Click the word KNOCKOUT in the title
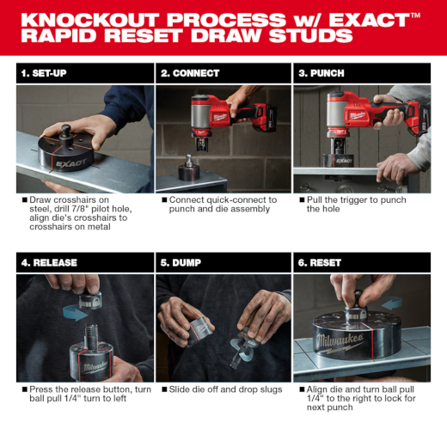[x=90, y=20]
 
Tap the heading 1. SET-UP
[x=44, y=73]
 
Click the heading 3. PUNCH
[x=321, y=73]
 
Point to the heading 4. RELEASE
[x=49, y=262]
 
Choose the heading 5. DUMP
[x=181, y=262]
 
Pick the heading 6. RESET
[x=320, y=262]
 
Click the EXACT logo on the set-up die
[x=70, y=163]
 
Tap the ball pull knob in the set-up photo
[x=65, y=131]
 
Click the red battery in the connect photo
[x=266, y=118]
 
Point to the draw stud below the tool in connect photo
[x=188, y=161]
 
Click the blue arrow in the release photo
[x=75, y=313]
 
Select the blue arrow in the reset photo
[x=391, y=303]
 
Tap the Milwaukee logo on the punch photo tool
[x=357, y=115]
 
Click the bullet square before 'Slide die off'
[x=164, y=389]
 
